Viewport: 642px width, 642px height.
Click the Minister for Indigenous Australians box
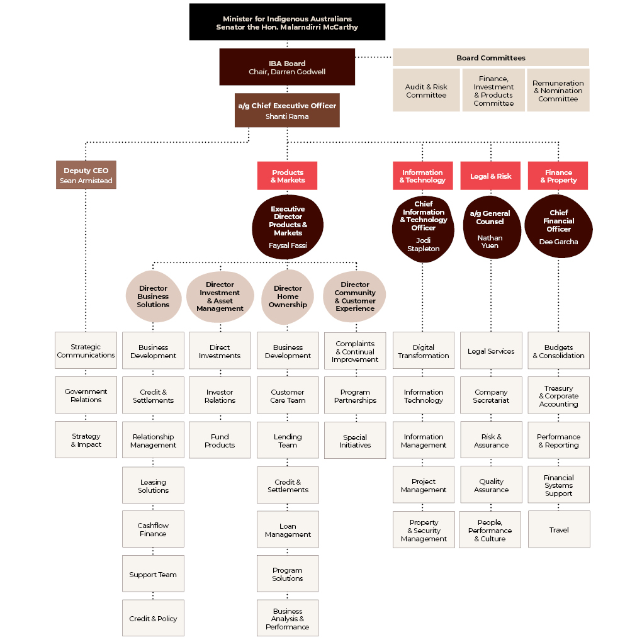pos(287,22)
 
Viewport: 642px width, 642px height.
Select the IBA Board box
pos(287,67)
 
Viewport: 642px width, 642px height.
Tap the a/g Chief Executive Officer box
pos(287,110)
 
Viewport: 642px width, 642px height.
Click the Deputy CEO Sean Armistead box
pos(86,175)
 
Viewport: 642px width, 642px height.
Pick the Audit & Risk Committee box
pos(426,90)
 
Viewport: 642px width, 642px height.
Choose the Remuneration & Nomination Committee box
pos(558,90)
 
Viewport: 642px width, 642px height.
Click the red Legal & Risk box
pos(490,176)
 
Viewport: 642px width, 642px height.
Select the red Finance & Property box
pos(558,176)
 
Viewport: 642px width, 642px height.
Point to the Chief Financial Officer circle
pos(558,227)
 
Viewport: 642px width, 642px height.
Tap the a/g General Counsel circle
pos(492,227)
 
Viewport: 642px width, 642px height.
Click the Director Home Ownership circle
pos(288,296)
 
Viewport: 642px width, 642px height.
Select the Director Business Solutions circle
pos(153,296)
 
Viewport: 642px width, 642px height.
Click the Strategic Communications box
pos(86,351)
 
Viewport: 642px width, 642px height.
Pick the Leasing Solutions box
pos(153,485)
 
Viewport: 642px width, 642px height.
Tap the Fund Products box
pos(220,440)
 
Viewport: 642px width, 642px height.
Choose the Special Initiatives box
pos(355,441)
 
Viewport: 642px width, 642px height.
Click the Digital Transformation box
pos(424,351)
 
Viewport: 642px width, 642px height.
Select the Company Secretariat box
pos(492,395)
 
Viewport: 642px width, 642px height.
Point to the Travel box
pos(559,529)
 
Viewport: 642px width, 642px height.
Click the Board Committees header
pos(491,57)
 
